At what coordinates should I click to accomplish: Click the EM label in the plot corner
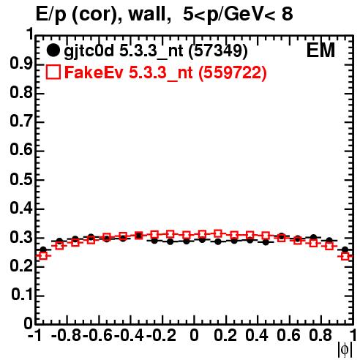tap(320, 50)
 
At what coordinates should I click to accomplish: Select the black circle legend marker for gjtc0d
tap(53, 50)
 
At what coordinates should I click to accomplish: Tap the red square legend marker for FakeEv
tap(53, 72)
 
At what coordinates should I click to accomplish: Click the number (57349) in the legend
tap(218, 51)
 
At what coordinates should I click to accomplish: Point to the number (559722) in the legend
tap(233, 72)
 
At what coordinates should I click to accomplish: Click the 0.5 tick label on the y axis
tap(21, 179)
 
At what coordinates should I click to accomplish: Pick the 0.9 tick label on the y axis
tap(21, 64)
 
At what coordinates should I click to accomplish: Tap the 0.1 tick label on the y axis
tap(22, 295)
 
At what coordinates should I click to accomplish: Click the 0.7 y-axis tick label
tap(21, 121)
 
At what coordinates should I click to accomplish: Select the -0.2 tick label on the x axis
tap(161, 335)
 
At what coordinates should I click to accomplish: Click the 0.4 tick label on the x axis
tap(257, 335)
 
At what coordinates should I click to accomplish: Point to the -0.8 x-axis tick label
tap(66, 335)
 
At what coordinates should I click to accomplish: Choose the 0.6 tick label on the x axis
tap(288, 335)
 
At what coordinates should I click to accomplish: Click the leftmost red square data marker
tap(43, 256)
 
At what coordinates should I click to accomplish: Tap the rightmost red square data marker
tap(345, 256)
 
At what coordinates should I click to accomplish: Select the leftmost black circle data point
tap(43, 250)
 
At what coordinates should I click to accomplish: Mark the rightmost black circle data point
tap(345, 250)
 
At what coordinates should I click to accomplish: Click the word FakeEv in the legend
tap(94, 72)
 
